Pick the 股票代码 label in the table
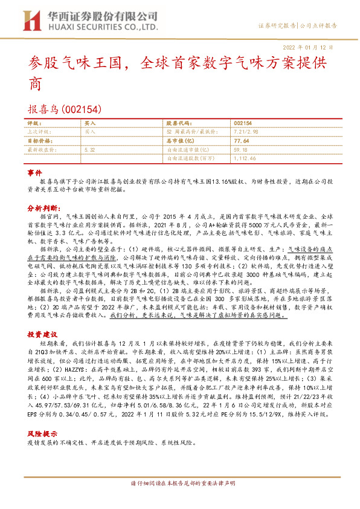[x=178, y=123]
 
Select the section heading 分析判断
[x=42, y=207]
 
